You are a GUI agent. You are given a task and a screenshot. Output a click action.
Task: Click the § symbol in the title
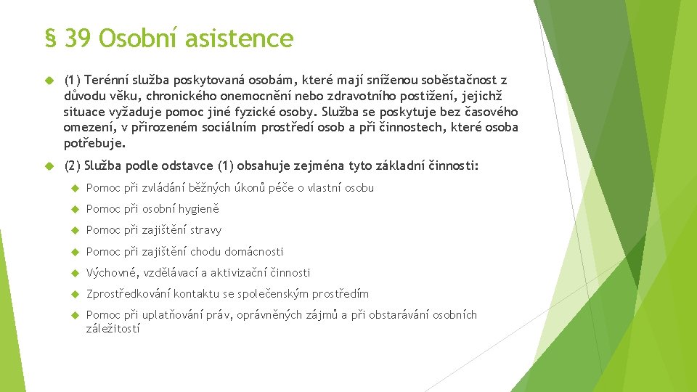tap(50, 38)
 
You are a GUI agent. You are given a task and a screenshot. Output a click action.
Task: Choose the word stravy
tap(205, 230)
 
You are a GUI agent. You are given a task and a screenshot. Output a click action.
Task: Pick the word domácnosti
tap(253, 252)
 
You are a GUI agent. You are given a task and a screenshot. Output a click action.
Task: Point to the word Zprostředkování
tap(129, 294)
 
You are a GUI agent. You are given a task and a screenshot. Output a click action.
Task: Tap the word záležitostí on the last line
tap(113, 329)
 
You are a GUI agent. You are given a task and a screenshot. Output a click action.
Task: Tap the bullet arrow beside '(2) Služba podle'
tap(49, 166)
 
